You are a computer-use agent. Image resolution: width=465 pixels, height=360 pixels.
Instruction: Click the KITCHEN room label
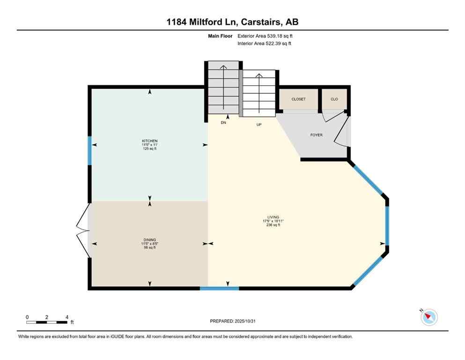click(150, 141)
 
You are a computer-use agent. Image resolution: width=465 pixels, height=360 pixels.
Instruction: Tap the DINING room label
click(150, 240)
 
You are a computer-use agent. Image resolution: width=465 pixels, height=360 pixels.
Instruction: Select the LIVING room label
click(273, 217)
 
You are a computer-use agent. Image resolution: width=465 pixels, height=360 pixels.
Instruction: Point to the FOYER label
click(317, 135)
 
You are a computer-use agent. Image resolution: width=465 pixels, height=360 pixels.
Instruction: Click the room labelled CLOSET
click(298, 99)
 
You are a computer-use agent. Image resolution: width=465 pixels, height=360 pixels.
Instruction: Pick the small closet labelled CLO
click(334, 99)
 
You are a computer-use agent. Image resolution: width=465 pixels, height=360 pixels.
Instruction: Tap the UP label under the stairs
click(258, 125)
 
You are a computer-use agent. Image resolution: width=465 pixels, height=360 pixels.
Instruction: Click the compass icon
click(428, 317)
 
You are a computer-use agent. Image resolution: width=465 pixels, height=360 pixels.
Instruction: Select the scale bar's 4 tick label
click(67, 317)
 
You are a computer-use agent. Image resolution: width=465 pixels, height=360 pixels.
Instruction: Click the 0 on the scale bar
click(27, 317)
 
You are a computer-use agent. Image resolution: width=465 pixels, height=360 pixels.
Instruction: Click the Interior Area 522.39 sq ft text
click(264, 44)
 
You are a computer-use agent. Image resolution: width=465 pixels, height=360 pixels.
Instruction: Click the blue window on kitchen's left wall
click(90, 150)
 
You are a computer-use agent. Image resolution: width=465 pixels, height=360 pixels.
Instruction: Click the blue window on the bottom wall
click(220, 288)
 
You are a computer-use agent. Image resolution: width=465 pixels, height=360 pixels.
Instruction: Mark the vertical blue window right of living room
click(387, 225)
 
